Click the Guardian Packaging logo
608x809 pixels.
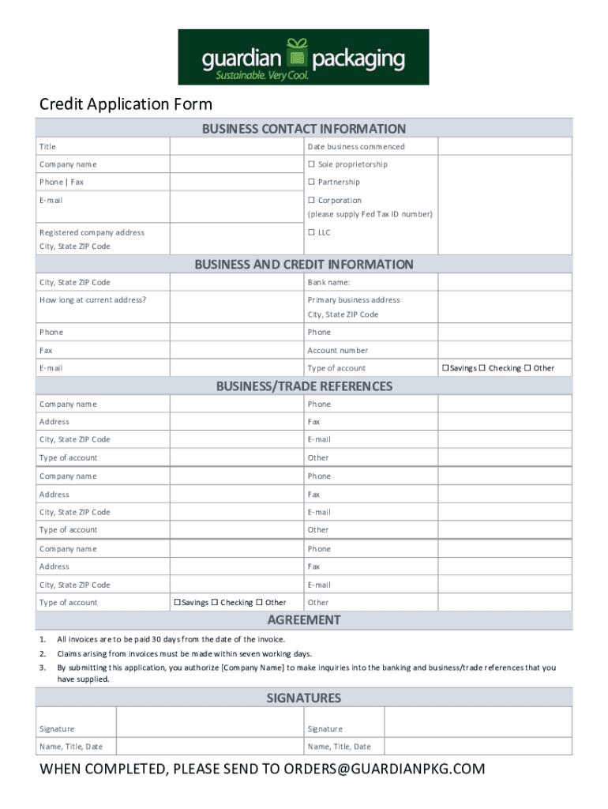(x=303, y=57)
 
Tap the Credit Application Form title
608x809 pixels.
(x=126, y=104)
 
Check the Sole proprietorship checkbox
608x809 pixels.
(x=311, y=164)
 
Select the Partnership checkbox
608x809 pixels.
(x=311, y=182)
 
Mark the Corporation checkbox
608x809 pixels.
(x=311, y=201)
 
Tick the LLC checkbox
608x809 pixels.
(x=311, y=232)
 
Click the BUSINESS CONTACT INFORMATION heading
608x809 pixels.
(x=304, y=129)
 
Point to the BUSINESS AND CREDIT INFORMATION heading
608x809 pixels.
(x=304, y=265)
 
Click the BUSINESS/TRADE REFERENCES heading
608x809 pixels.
(x=304, y=386)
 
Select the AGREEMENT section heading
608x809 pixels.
(x=304, y=620)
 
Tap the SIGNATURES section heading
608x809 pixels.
(x=304, y=698)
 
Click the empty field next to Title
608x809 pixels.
(x=236, y=147)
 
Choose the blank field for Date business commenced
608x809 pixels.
(x=505, y=147)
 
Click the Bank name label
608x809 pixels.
(x=328, y=282)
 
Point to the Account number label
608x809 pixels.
(x=338, y=350)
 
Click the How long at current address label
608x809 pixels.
(x=93, y=300)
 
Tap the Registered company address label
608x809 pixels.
(x=92, y=232)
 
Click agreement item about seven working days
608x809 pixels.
(x=185, y=653)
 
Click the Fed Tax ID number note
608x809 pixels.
(x=370, y=215)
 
